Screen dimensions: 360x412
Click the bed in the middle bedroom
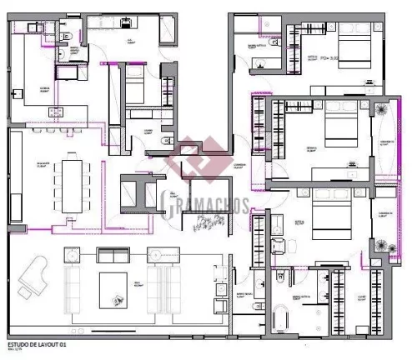(x=340, y=129)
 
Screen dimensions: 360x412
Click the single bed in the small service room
(x=133, y=83)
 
